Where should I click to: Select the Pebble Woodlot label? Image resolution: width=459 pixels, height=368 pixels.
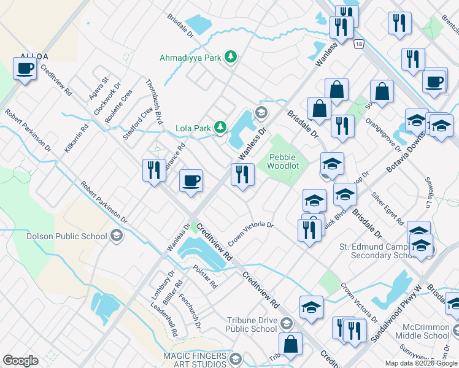click(281, 162)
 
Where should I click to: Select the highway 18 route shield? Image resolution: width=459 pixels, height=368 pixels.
click(359, 43)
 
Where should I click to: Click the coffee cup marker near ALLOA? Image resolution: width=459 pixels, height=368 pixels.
click(25, 69)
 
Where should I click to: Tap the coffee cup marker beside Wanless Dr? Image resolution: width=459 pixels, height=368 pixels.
click(191, 181)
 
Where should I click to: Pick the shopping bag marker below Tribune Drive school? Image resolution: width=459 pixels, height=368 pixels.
click(291, 344)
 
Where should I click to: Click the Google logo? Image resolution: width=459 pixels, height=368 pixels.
click(20, 361)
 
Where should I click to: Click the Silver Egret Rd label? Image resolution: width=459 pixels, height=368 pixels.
click(388, 208)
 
